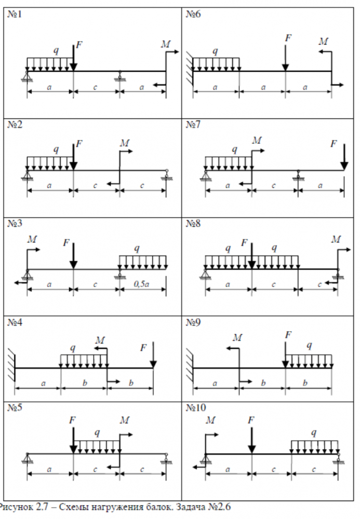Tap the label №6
click(193, 14)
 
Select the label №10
click(195, 408)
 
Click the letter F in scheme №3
click(65, 242)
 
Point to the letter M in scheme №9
click(237, 338)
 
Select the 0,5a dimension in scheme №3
click(140, 284)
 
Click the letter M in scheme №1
click(165, 45)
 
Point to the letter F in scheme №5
click(73, 420)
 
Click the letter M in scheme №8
click(336, 239)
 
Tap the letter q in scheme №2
click(56, 149)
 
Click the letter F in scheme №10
click(251, 420)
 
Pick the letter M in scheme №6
click(324, 40)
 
